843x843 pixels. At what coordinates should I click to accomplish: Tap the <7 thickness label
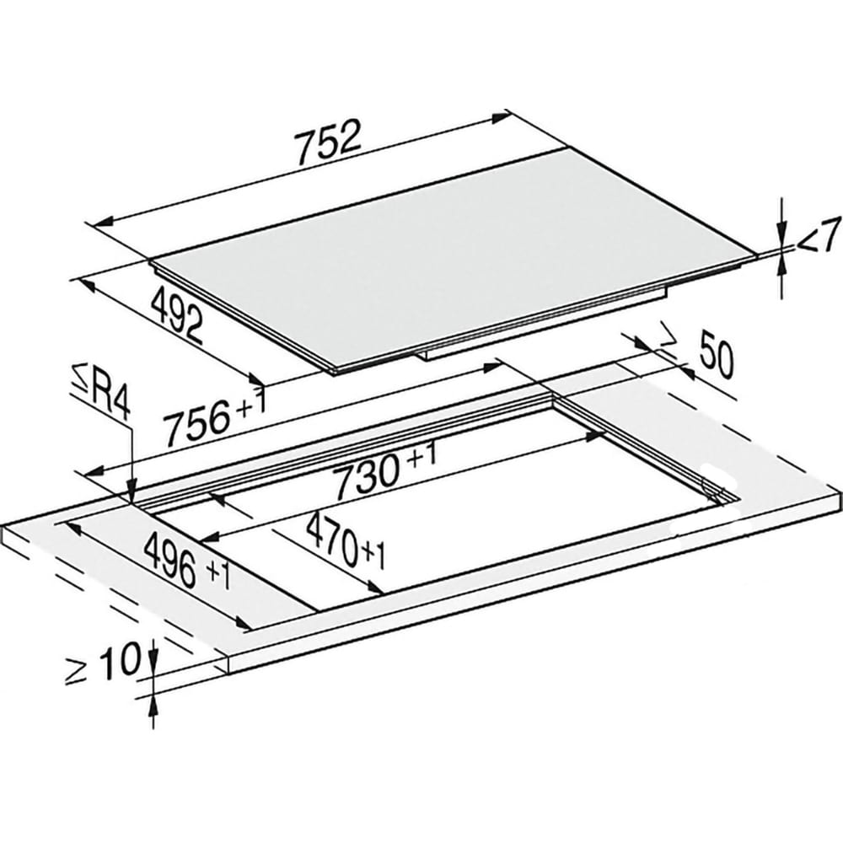818,234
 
